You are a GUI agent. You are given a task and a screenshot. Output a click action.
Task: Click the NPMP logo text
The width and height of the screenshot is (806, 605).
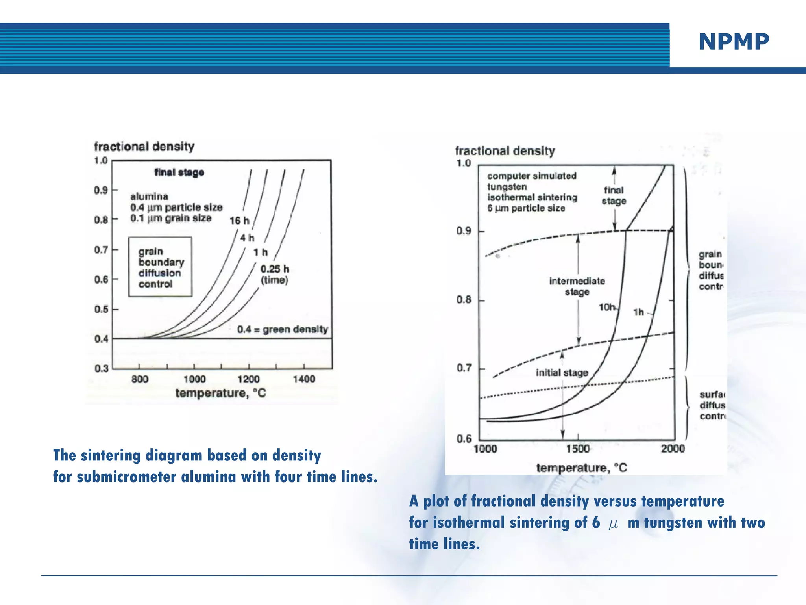tap(734, 42)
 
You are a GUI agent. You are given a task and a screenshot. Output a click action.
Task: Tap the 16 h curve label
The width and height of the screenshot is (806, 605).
tap(239, 221)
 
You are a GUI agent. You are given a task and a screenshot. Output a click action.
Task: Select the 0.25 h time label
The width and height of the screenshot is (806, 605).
tap(275, 269)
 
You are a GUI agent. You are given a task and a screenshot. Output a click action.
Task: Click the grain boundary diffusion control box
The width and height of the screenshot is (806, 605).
tap(160, 267)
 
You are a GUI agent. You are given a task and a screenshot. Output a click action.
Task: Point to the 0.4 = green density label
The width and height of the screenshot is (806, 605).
tap(282, 329)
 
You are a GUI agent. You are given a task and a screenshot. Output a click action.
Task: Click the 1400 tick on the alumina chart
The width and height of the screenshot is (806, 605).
tap(304, 379)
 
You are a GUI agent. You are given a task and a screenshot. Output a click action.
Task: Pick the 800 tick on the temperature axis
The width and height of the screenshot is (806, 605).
tap(140, 379)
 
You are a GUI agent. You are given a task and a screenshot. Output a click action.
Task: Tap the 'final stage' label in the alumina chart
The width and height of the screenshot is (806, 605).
tap(179, 173)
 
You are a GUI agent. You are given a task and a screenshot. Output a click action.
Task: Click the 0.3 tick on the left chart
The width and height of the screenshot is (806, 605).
tap(101, 369)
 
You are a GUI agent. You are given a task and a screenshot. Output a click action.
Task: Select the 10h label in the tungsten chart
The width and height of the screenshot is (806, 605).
tap(607, 307)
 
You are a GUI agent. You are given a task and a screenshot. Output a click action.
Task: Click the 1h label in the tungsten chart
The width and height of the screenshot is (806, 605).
tap(638, 312)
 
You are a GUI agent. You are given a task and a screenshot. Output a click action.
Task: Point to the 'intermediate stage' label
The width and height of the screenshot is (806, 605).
tap(577, 286)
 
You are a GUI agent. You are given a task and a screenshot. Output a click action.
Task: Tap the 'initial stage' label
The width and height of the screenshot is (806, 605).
tap(562, 373)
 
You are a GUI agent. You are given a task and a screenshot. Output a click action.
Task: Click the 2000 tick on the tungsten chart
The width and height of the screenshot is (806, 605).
tap(673, 449)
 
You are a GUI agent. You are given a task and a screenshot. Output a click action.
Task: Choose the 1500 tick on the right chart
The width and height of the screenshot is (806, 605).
tap(578, 449)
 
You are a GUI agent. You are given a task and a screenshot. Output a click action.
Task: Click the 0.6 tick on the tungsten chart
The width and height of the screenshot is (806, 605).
tap(464, 439)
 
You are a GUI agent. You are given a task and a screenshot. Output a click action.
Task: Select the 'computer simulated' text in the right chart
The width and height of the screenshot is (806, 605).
tap(532, 176)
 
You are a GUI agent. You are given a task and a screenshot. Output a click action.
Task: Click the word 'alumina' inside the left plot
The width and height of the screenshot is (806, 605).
tap(149, 197)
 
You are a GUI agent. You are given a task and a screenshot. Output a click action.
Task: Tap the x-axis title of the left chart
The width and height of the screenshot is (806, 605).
tap(220, 393)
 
